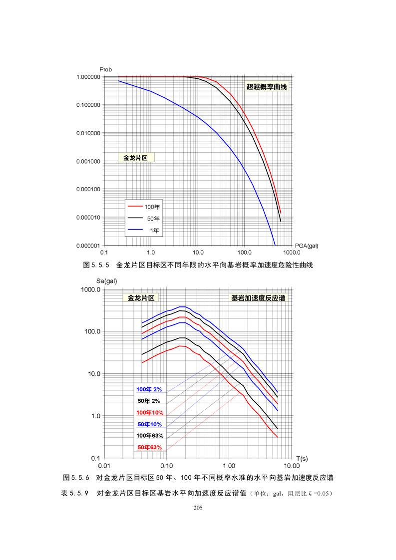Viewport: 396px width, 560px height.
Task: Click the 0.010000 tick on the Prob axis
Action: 87,133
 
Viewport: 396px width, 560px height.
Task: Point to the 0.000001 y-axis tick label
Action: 87,246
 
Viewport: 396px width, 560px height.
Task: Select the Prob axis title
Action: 106,69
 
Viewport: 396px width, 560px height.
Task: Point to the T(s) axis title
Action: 302,458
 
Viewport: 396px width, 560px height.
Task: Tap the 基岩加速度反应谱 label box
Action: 260,298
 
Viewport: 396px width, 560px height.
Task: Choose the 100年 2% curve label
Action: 149,389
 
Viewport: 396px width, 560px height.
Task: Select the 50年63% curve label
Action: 149,447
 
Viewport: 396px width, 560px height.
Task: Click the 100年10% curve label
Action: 149,412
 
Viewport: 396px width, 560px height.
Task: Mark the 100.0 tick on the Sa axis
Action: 91,332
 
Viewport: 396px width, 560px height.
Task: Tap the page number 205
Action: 198,508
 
